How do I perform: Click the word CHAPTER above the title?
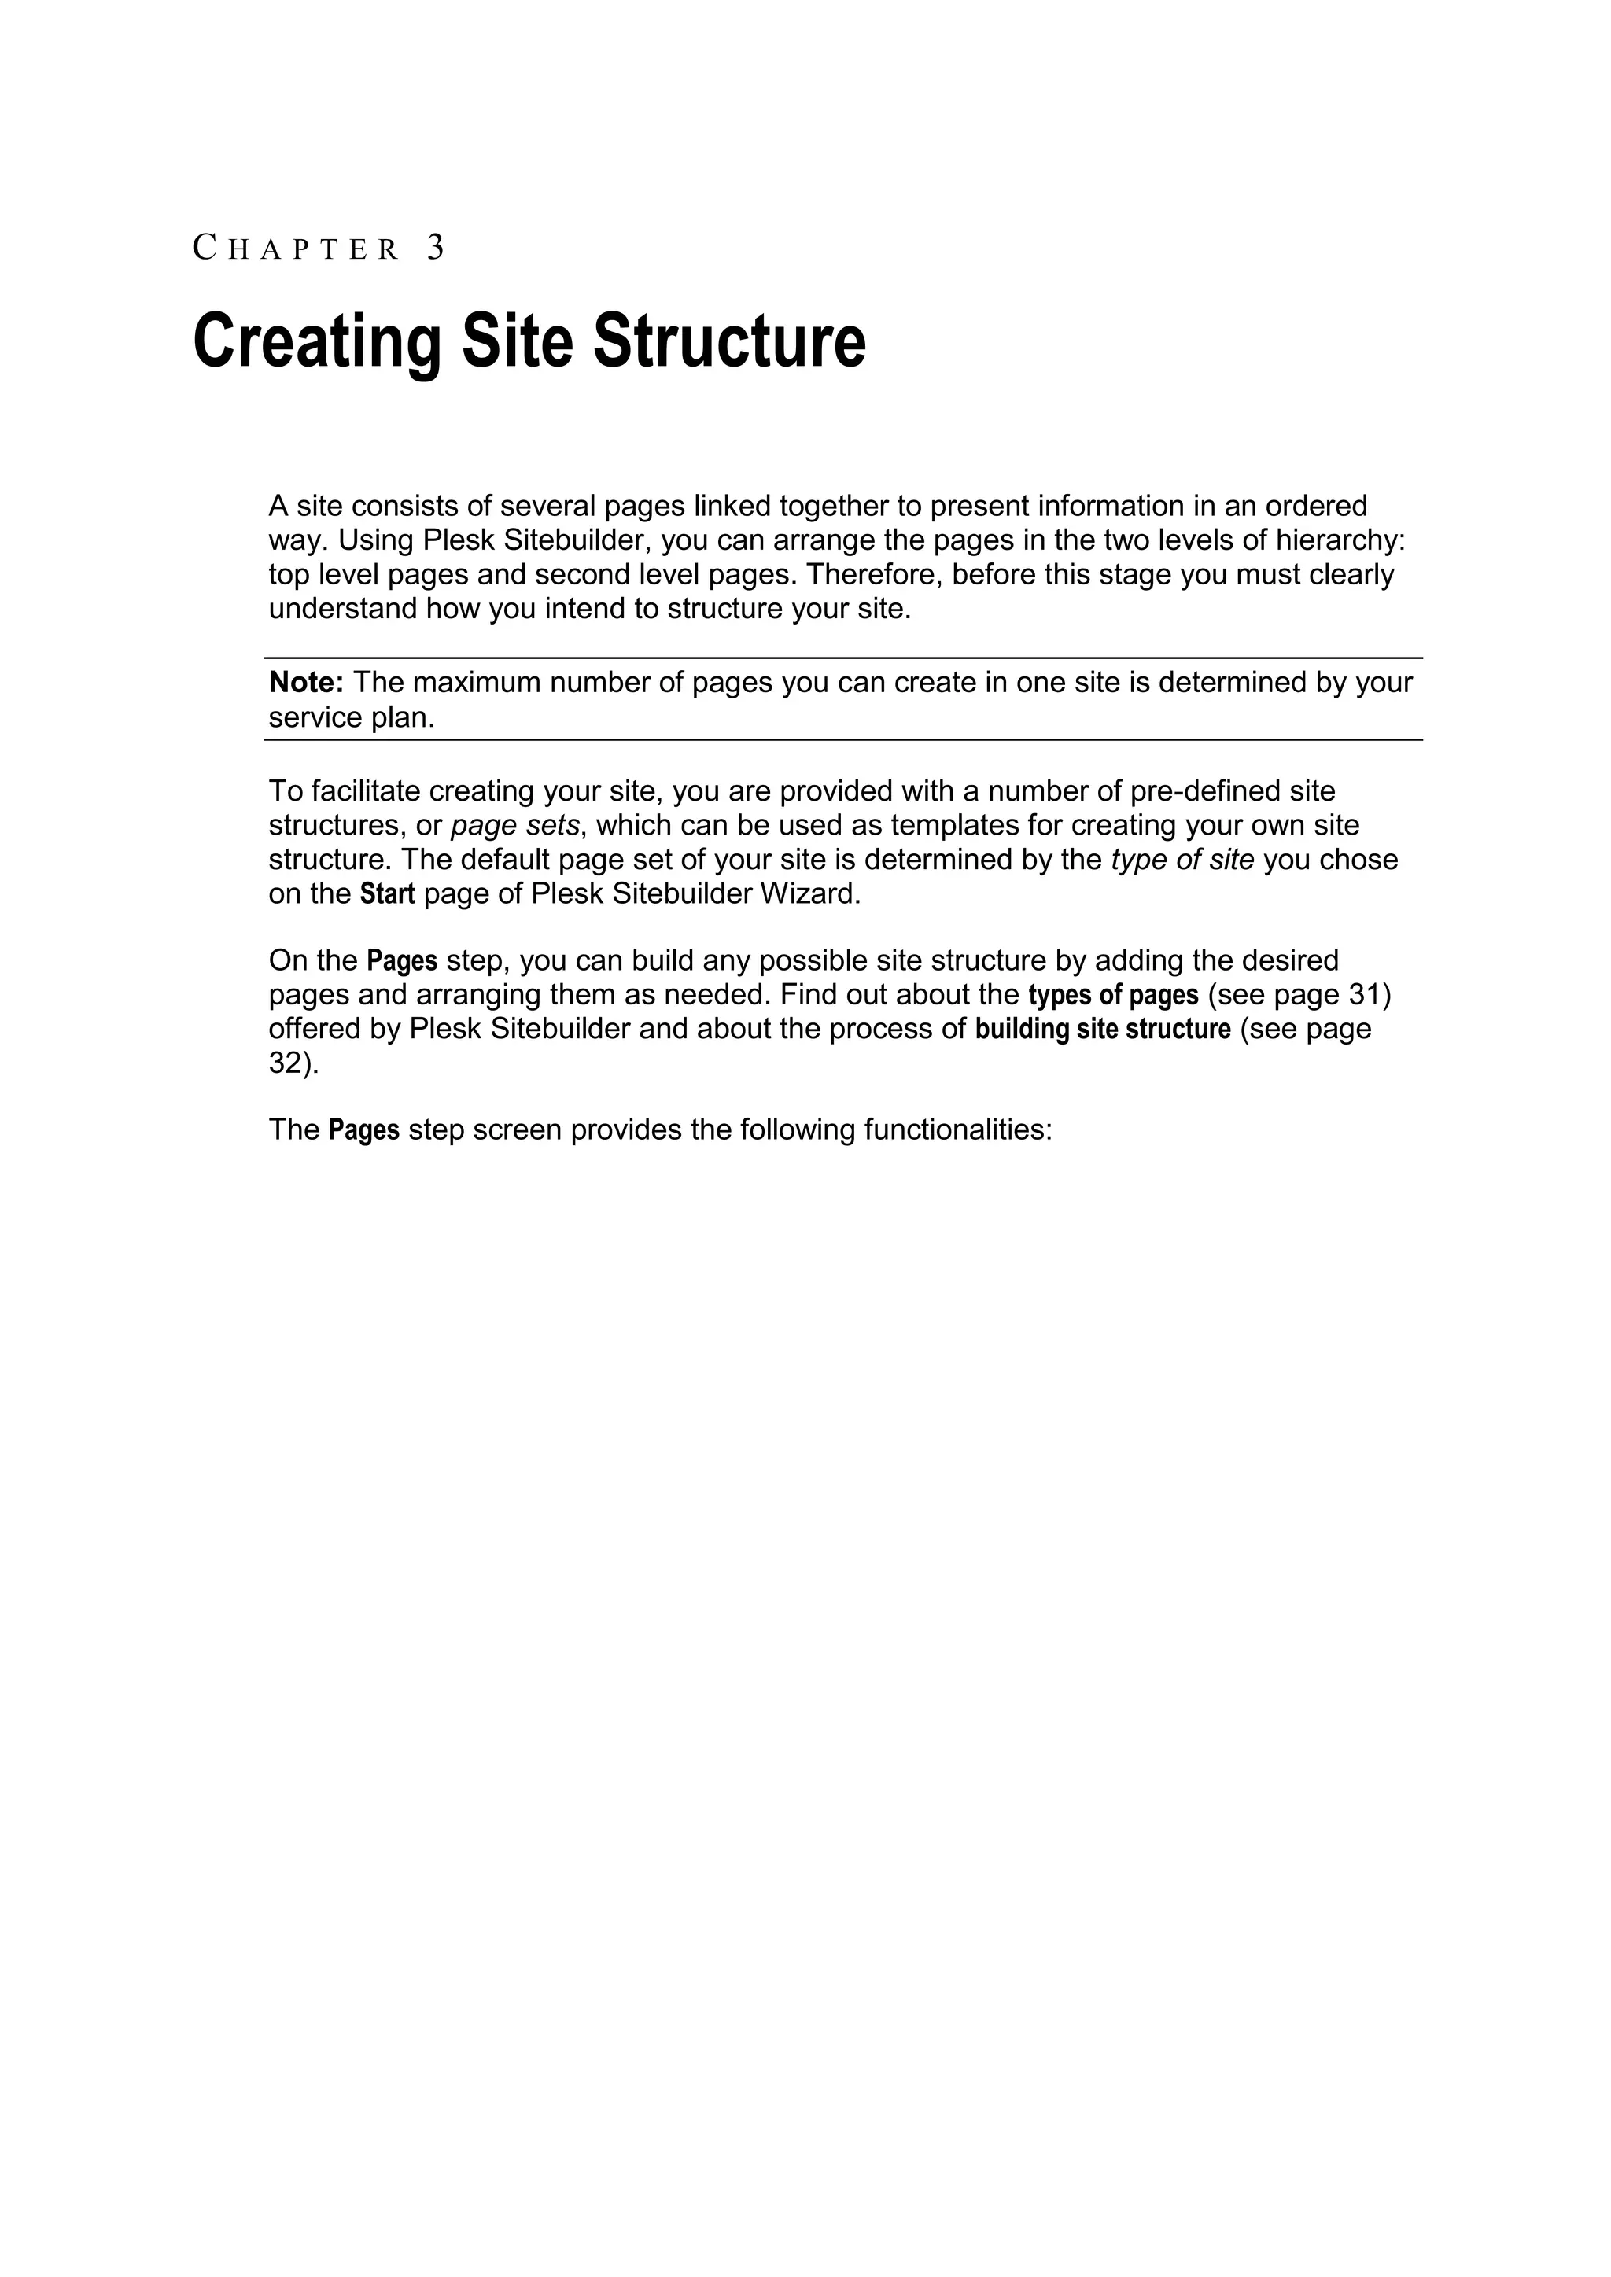[x=296, y=248]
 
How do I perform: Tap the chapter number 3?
[x=436, y=247]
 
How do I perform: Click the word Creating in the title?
[x=318, y=341]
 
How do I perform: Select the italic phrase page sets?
[x=515, y=825]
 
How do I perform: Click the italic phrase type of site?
[x=1182, y=859]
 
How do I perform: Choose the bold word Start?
[x=387, y=893]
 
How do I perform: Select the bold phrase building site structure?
[x=1103, y=1029]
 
